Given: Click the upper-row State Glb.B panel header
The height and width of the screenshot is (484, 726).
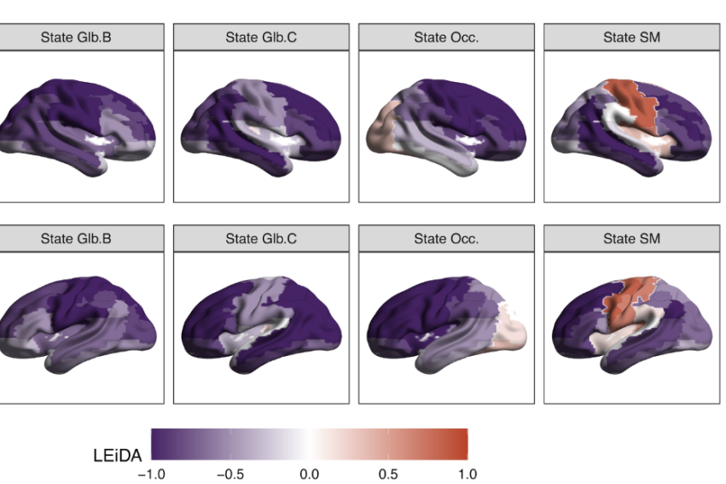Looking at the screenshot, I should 76,37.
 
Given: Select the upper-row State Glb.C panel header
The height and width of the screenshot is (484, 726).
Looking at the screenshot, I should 261,37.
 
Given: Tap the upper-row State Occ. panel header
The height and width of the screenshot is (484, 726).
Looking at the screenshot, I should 446,37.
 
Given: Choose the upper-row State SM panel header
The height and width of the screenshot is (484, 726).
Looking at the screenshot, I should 631,37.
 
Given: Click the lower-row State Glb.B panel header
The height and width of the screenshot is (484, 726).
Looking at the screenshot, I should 76,238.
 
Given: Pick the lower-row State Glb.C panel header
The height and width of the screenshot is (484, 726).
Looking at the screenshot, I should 261,238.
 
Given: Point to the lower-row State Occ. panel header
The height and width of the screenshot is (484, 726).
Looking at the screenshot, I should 446,238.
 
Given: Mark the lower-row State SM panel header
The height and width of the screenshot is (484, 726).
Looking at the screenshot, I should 631,238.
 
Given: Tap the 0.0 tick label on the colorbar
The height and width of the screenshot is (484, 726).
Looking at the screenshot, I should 310,474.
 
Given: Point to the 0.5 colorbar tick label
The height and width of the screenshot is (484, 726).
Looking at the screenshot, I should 388,474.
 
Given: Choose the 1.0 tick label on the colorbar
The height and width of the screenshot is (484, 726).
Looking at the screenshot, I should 467,474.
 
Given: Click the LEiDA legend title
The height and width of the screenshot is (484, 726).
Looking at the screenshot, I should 118,456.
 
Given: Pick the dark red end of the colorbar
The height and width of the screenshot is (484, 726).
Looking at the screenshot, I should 461,444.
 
